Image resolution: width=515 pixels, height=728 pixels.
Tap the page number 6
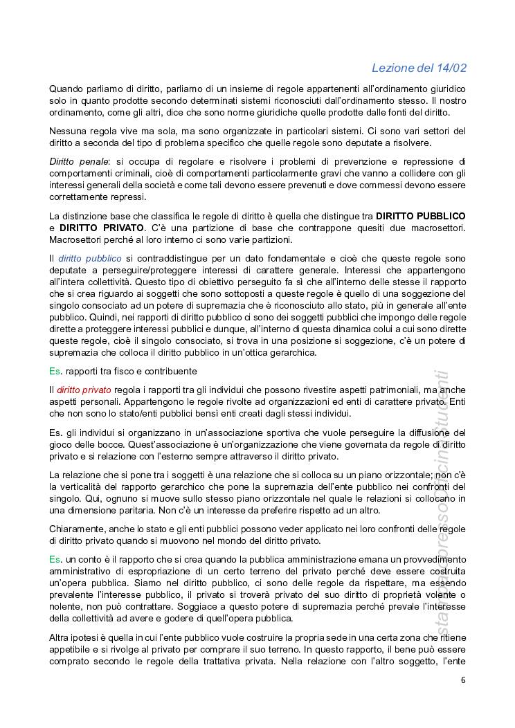click(x=463, y=680)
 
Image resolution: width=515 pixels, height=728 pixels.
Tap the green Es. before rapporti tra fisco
click(x=55, y=372)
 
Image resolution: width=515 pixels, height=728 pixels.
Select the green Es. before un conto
click(x=55, y=558)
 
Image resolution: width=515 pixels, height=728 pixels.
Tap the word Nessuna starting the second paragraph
click(x=68, y=131)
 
